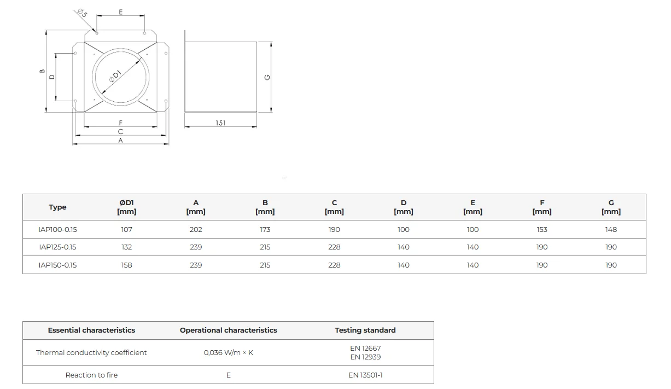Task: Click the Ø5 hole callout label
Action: (82, 13)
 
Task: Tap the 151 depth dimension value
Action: (220, 123)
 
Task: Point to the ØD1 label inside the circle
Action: (115, 76)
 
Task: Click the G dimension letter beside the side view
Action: (267, 77)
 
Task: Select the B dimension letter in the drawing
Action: (42, 71)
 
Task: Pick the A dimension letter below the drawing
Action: (120, 140)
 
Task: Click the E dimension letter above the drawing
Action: (120, 12)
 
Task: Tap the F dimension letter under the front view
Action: (120, 123)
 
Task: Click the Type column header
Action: (57, 207)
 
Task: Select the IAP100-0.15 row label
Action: (57, 230)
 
